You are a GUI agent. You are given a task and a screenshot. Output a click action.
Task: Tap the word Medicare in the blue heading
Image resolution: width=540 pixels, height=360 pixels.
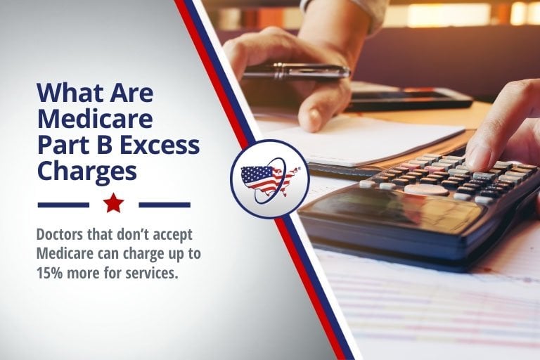95,119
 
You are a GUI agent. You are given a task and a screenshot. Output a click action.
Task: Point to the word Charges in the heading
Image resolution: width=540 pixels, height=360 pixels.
86,172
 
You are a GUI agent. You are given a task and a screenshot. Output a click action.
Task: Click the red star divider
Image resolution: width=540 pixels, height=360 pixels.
113,203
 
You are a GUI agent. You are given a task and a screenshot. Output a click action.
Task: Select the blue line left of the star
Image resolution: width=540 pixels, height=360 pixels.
63,205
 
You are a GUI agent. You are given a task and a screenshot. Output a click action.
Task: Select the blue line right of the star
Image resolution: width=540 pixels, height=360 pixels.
165,205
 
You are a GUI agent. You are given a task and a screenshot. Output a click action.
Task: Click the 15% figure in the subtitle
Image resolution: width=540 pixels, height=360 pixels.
49,274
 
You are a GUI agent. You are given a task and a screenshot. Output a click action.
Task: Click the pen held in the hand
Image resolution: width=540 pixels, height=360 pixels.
296,71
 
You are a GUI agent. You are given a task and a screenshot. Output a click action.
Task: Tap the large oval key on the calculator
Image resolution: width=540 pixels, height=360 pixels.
426,189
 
